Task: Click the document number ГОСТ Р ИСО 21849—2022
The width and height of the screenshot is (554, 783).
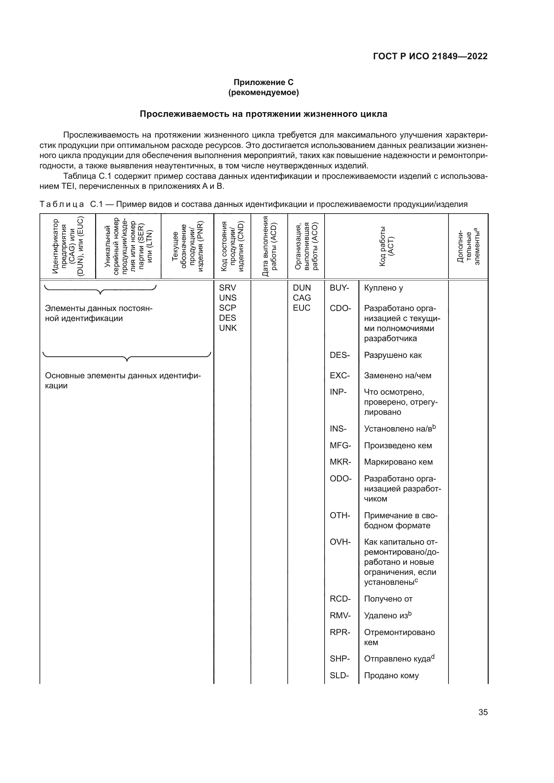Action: (430, 56)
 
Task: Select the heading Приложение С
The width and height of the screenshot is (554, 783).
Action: (263, 82)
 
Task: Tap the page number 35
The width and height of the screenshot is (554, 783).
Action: (483, 712)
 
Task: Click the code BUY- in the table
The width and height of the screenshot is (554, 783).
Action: (339, 288)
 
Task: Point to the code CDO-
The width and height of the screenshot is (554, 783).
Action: (340, 308)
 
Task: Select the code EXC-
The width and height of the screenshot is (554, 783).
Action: (340, 376)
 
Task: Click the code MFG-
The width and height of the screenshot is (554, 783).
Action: (340, 445)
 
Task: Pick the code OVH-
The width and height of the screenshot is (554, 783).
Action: (340, 542)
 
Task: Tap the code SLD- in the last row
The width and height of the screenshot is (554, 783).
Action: (339, 675)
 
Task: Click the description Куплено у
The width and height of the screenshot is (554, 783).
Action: (384, 288)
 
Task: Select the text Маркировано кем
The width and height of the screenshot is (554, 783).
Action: (398, 462)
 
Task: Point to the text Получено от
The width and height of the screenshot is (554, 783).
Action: (388, 599)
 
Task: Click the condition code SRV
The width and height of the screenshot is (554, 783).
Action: (227, 288)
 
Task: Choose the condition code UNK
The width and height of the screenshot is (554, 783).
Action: (227, 328)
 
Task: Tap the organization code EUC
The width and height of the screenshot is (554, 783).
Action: (301, 308)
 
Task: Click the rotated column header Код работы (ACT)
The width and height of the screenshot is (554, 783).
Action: (386, 246)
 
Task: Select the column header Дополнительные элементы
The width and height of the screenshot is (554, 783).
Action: (468, 246)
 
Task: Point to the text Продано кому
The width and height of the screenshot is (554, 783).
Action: (391, 675)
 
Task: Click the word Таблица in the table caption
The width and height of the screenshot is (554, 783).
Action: (61, 204)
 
